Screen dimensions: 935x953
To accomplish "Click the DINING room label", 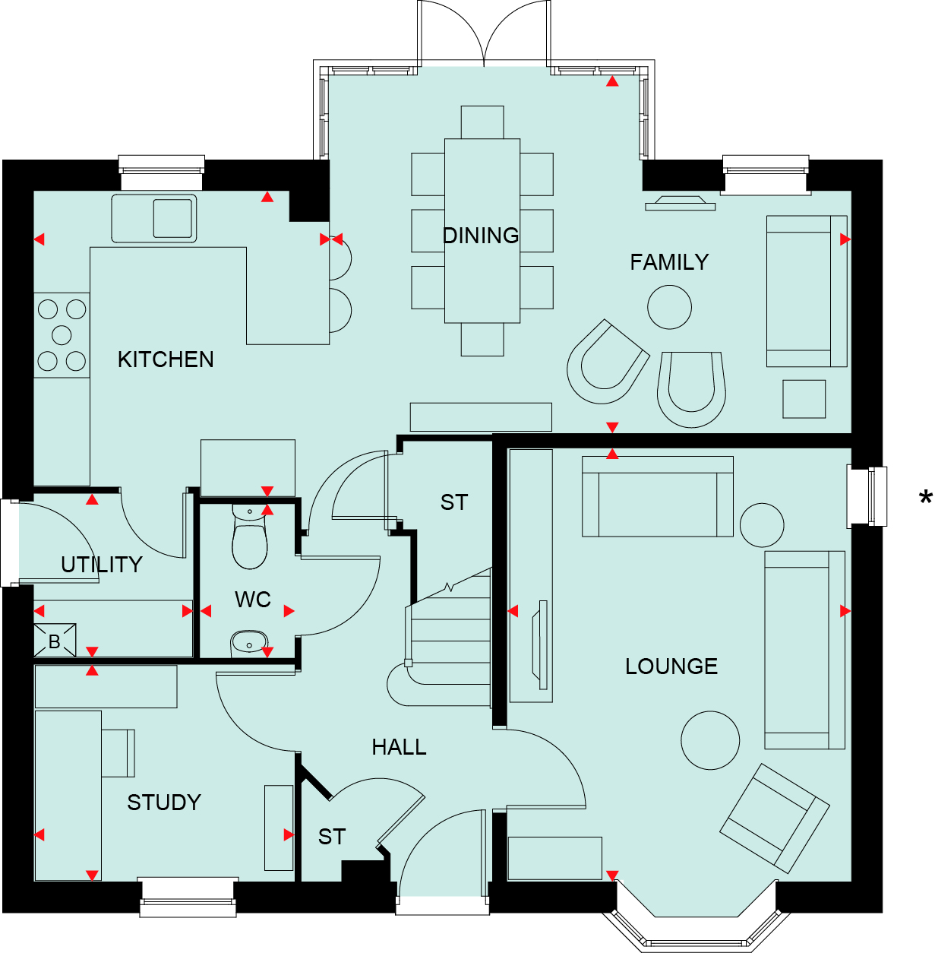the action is coord(481,236).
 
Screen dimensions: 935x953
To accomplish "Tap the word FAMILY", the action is coord(669,262).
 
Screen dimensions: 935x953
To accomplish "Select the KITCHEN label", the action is coord(166,359).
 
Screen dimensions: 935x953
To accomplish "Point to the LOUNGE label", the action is coord(671,666).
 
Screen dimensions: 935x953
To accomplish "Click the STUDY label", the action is coord(164,803).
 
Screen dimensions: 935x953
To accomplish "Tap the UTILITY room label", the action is coord(102,565).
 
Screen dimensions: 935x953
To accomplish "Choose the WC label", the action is coord(253,600).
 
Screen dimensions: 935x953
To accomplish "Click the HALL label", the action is coord(399,747).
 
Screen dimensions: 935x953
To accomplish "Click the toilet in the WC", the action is coord(250,536).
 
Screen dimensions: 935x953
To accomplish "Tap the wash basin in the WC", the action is coord(248,642).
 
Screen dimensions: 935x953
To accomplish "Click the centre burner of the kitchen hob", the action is coord(62,335).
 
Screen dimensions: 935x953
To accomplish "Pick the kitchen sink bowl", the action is coord(172,218).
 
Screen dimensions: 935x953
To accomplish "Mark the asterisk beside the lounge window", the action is coord(926,497).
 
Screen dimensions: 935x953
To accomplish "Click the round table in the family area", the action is coord(669,307).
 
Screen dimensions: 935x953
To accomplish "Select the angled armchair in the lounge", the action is coord(774,818).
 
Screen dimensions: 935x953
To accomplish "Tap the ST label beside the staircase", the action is coord(454,502).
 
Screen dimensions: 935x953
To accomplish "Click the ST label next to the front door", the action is coord(332,837).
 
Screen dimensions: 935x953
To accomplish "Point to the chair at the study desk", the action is coord(118,752).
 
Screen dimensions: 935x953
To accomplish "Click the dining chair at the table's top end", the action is coord(482,122).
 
